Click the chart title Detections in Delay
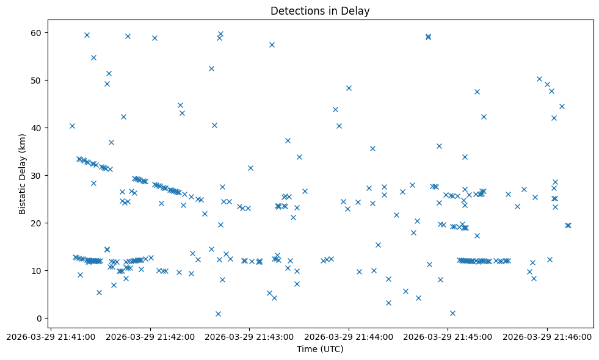click(x=320, y=11)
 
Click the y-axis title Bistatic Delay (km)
click(x=23, y=174)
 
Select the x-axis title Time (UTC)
click(x=320, y=349)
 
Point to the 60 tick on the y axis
click(x=37, y=32)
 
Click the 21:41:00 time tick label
click(x=51, y=336)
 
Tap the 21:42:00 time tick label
click(x=150, y=336)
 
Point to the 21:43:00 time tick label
click(x=250, y=336)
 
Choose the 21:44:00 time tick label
click(x=349, y=336)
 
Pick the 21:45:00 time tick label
click(x=448, y=336)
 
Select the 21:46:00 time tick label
click(x=548, y=336)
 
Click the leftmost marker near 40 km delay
click(x=72, y=126)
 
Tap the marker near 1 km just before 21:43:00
click(x=218, y=314)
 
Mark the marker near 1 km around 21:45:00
click(x=452, y=313)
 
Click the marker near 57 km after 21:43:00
click(x=272, y=45)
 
